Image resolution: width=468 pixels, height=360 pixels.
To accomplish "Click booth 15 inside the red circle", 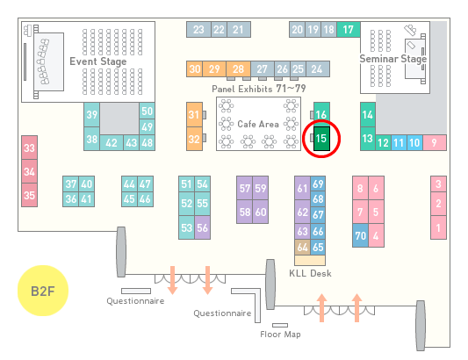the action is point(321,139).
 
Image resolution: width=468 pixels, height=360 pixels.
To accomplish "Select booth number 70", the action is point(360,235).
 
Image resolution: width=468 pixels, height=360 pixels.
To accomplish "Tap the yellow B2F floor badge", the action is point(43,291).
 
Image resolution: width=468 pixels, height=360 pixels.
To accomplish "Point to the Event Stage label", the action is point(98,61).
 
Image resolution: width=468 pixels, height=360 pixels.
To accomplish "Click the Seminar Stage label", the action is point(393,59).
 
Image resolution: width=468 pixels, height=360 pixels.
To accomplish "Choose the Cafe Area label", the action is point(258,124).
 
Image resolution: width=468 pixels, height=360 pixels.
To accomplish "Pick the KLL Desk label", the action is point(310,273).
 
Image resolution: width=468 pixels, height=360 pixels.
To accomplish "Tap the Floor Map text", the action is point(280,334).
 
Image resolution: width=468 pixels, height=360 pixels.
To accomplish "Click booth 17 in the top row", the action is point(349,30).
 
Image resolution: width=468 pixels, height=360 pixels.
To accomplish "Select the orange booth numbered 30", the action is point(195,69).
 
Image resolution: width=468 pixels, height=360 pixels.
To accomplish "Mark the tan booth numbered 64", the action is point(302,247).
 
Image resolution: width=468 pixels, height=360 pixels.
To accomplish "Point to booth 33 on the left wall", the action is point(29,148).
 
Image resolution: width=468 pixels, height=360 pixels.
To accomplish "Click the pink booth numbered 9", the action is point(435,143).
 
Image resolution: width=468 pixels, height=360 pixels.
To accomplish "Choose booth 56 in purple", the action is point(202,227).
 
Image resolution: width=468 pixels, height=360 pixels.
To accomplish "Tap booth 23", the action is point(198,30).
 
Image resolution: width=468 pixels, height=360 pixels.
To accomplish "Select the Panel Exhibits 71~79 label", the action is point(259,89).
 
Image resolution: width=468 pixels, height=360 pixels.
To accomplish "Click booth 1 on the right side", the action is point(438,227).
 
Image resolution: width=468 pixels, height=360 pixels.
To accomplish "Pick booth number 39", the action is point(91,115).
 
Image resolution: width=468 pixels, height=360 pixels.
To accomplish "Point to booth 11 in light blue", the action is point(399,143).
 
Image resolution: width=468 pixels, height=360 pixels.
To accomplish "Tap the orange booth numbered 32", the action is point(194,139).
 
